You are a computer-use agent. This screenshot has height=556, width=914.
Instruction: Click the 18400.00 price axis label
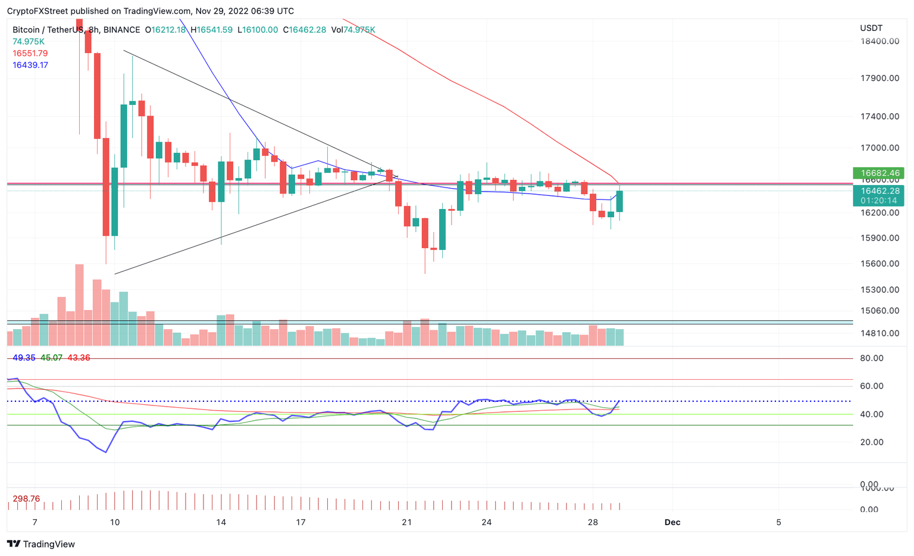coord(879,41)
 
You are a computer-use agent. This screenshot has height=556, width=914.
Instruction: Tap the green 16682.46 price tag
coord(878,173)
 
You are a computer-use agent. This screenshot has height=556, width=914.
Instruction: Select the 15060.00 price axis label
coord(879,310)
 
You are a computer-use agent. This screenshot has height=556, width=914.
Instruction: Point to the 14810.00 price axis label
coord(879,333)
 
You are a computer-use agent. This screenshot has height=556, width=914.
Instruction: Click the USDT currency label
coord(871,28)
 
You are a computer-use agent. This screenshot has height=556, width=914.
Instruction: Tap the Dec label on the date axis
coord(672,522)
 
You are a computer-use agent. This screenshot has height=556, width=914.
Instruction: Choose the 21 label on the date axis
coord(406,522)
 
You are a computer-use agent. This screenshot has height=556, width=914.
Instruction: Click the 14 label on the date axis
coord(221,522)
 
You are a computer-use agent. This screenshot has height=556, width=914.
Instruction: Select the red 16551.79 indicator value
coord(30,53)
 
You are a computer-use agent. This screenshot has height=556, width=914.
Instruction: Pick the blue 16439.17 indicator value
coord(30,65)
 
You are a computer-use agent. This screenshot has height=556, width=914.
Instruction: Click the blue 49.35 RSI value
coord(24,358)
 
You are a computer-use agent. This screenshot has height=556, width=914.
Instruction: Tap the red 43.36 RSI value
coord(79,358)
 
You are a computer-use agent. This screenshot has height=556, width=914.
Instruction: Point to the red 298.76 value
coord(26,498)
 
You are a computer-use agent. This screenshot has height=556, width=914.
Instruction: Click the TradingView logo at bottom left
coord(41,543)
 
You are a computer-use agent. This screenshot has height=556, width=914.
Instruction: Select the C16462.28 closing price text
coord(304,30)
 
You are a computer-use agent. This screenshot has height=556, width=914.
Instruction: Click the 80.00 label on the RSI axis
coord(871,358)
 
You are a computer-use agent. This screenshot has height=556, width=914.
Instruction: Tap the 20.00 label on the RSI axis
coord(871,442)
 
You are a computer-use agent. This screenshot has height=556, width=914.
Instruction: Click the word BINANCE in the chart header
coord(121,30)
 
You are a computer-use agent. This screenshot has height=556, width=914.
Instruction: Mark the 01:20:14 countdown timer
coord(878,201)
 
